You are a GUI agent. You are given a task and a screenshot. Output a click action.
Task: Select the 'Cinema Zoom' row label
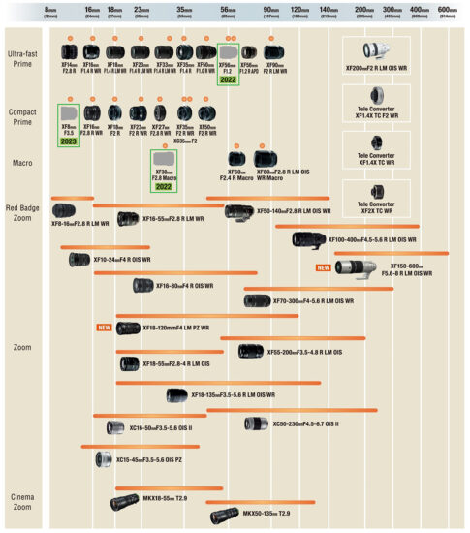[x=22, y=502]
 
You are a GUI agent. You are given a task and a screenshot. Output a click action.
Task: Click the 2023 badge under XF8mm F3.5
[x=69, y=141]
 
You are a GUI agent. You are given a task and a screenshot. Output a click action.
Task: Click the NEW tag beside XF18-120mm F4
[x=105, y=328]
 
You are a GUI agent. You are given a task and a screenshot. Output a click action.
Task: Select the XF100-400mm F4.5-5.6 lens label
[x=372, y=239]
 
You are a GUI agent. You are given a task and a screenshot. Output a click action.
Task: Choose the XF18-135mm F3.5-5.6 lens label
[x=233, y=395]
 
